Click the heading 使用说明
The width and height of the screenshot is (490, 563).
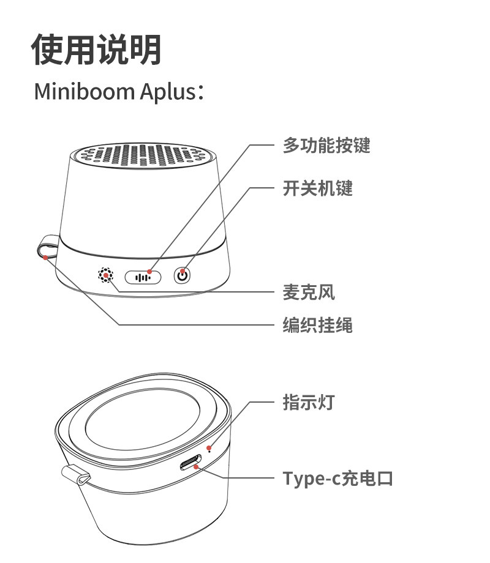[97, 50]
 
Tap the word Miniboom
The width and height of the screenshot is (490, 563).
[84, 91]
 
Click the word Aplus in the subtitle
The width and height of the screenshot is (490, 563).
[167, 92]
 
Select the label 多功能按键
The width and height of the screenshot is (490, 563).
[326, 146]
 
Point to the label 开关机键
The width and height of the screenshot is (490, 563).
[317, 188]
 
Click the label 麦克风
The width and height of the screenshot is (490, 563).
[309, 293]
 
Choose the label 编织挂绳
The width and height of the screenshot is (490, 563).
[317, 325]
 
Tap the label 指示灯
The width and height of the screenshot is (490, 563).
[309, 402]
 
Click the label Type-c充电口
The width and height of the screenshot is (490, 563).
[337, 477]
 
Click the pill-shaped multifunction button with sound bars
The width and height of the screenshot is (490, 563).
[143, 277]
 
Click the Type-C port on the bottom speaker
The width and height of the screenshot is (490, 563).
[192, 463]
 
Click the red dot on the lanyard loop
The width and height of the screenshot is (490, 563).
[45, 256]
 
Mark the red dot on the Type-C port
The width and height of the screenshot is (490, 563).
[195, 467]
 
